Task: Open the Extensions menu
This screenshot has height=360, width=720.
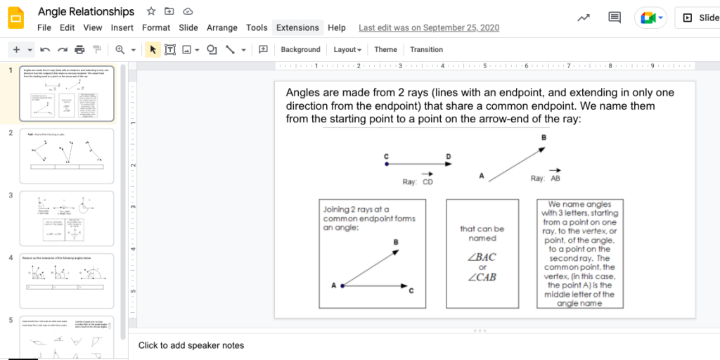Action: coord(297,27)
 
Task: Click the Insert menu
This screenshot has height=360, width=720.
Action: coord(122,27)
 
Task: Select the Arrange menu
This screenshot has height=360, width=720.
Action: coord(222,27)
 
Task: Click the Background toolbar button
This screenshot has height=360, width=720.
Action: coord(300,50)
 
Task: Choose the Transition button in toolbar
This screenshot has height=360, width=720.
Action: coord(426,50)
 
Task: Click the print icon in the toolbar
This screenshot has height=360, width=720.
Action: coord(79,50)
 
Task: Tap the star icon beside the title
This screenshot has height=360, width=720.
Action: coord(151,11)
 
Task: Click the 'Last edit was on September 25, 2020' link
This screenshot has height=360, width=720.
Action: coord(429,27)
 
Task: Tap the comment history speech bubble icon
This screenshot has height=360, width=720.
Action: coord(615,18)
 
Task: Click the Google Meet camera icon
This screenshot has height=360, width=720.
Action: coord(649,18)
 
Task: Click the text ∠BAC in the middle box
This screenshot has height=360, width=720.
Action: coord(482,257)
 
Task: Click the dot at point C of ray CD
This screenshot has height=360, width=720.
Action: coord(387,165)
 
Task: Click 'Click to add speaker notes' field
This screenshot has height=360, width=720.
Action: coord(191,345)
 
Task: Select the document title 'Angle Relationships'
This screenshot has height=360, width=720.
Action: coord(86,11)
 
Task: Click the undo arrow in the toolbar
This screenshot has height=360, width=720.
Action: coord(45,50)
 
